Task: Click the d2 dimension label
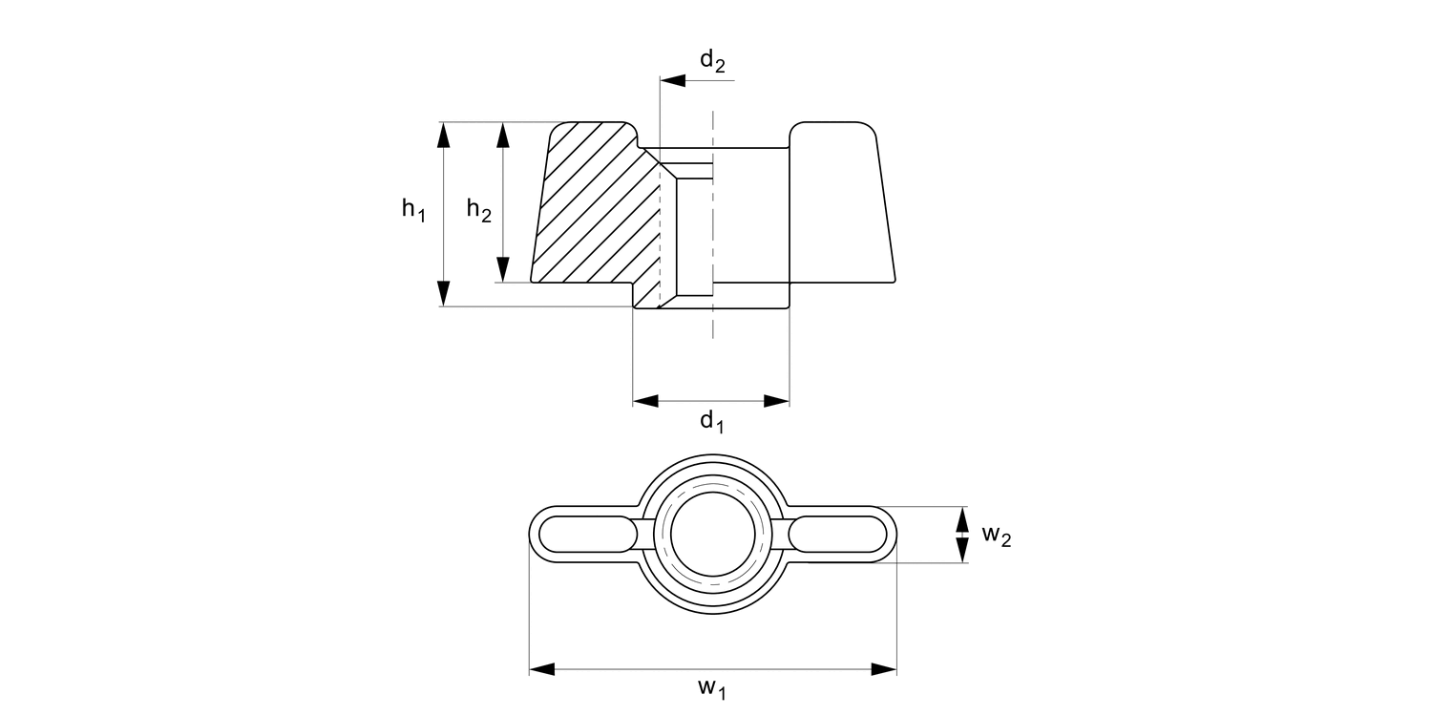[712, 61]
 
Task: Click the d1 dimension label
[712, 420]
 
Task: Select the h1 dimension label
[412, 209]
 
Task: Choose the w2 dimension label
[996, 535]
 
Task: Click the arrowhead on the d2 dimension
[672, 81]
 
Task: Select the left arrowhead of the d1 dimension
[646, 401]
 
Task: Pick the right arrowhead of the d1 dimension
[776, 401]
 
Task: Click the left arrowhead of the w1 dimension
[542, 669]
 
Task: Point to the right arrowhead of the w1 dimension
[884, 669]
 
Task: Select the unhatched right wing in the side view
[838, 205]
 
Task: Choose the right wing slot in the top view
[840, 535]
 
